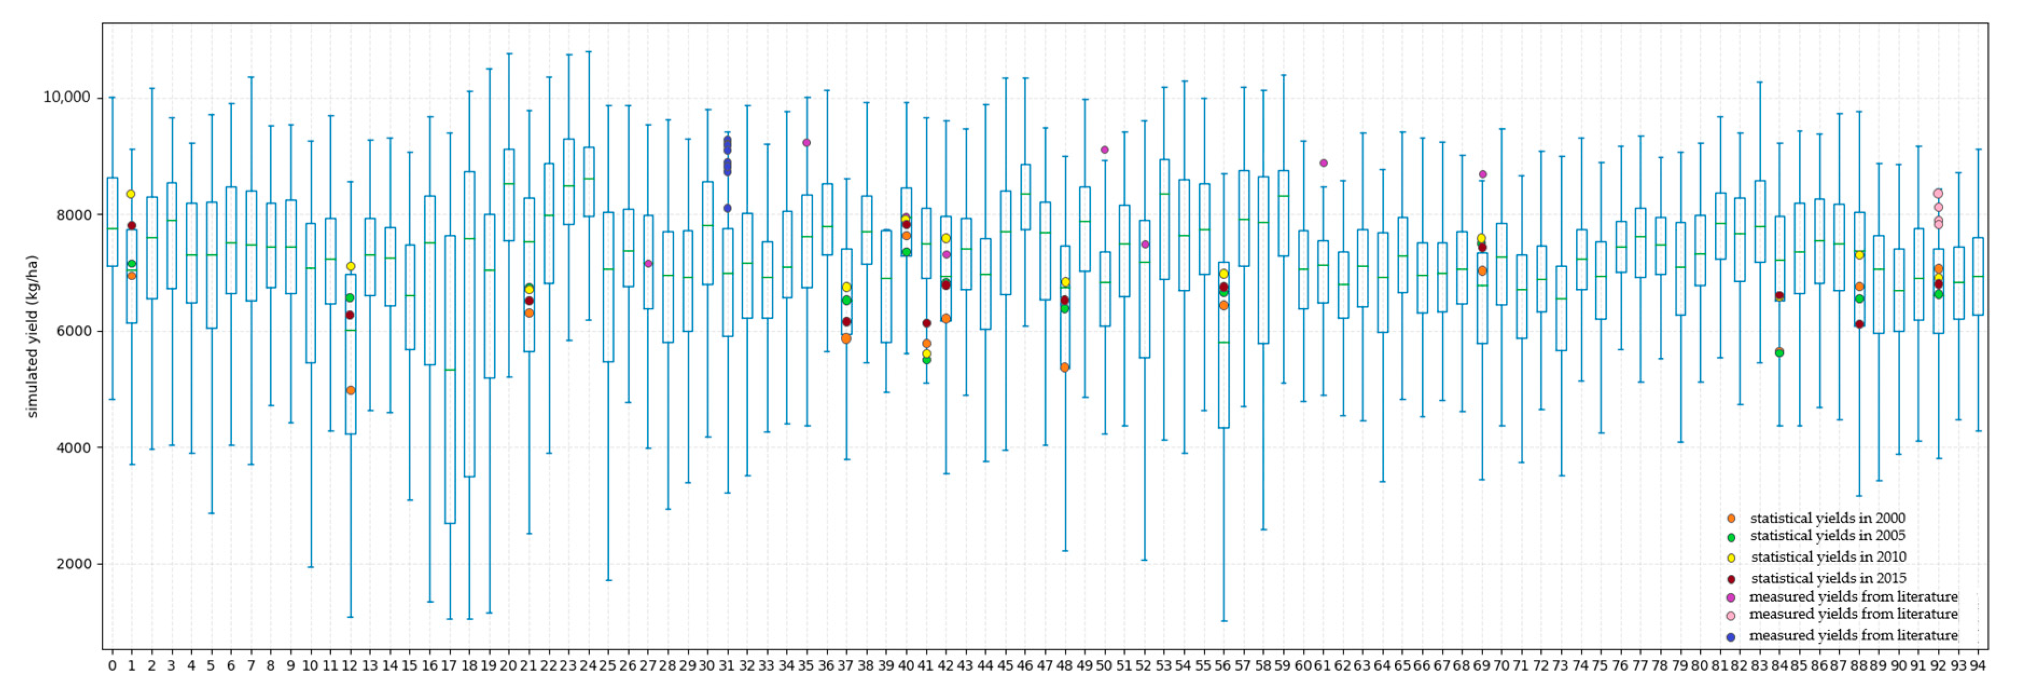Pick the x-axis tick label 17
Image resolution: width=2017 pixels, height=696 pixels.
pyautogui.click(x=449, y=665)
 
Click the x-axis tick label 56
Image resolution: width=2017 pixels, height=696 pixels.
pyautogui.click(x=1222, y=665)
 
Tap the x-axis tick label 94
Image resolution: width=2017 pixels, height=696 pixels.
pyautogui.click(x=1978, y=665)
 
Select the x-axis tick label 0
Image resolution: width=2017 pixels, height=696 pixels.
pyautogui.click(x=112, y=665)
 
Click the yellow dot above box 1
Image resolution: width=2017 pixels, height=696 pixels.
pyautogui.click(x=131, y=194)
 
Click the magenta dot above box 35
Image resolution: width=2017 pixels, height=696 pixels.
pyautogui.click(x=806, y=143)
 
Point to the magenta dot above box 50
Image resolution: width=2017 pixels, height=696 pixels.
pyautogui.click(x=1104, y=150)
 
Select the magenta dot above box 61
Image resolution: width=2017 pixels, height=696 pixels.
pyautogui.click(x=1323, y=163)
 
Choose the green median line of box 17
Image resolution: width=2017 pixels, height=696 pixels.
pyautogui.click(x=449, y=370)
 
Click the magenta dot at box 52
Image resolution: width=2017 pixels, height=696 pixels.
pyautogui.click(x=1145, y=244)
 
